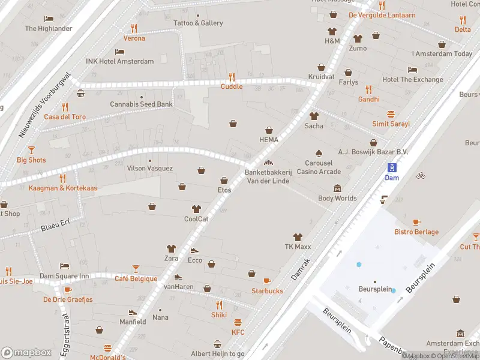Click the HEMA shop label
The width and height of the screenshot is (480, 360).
(x=269, y=139)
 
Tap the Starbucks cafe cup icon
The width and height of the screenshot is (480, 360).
(x=267, y=281)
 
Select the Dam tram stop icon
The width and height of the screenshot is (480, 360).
(x=391, y=167)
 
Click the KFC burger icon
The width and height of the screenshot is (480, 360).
(x=238, y=322)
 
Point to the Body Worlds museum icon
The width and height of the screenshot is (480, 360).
(x=337, y=188)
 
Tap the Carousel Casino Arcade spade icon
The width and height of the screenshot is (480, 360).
(x=319, y=153)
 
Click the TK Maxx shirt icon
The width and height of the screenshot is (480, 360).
(x=296, y=237)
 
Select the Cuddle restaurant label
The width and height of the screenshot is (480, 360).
(x=232, y=86)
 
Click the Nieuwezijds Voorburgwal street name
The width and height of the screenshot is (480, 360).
(x=46, y=106)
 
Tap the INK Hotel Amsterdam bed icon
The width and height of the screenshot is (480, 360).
(x=119, y=52)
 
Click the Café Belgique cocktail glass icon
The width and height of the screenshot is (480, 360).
(x=136, y=269)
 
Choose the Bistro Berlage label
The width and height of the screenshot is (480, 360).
(x=416, y=232)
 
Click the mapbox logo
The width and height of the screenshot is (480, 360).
(x=26, y=352)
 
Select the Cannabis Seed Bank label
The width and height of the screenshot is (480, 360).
(x=141, y=104)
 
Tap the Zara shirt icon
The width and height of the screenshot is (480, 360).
(x=172, y=248)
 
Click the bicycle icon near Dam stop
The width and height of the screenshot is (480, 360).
(x=421, y=176)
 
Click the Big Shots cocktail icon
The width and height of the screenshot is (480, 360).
(x=31, y=150)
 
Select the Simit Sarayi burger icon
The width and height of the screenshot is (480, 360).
(x=391, y=114)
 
